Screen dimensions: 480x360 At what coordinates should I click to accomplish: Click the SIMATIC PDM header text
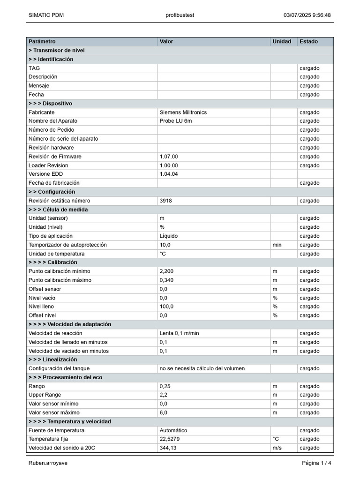click(x=46, y=15)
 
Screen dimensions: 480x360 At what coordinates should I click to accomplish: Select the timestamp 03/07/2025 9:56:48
click(x=307, y=15)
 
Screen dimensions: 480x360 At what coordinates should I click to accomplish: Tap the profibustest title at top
click(x=180, y=15)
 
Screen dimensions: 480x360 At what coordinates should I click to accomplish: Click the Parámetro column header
click(x=42, y=42)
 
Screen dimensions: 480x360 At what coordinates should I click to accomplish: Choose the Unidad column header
click(x=282, y=42)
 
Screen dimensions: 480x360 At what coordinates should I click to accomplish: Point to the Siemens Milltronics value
click(x=183, y=112)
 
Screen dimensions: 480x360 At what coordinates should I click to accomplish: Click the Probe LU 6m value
click(x=176, y=121)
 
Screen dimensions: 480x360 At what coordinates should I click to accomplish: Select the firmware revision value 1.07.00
click(x=169, y=157)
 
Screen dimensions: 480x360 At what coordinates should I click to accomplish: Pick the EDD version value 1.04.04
click(x=169, y=174)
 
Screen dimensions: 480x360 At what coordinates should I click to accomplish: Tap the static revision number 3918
click(x=165, y=201)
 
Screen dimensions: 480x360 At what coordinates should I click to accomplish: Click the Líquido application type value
click(x=169, y=236)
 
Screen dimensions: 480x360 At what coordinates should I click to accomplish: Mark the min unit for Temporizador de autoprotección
click(x=277, y=245)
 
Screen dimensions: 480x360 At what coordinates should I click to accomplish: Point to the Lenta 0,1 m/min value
click(x=179, y=333)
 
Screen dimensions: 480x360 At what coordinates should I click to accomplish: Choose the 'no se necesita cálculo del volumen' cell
click(x=202, y=368)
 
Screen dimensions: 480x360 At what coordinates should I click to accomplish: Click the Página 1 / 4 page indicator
click(x=316, y=463)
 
